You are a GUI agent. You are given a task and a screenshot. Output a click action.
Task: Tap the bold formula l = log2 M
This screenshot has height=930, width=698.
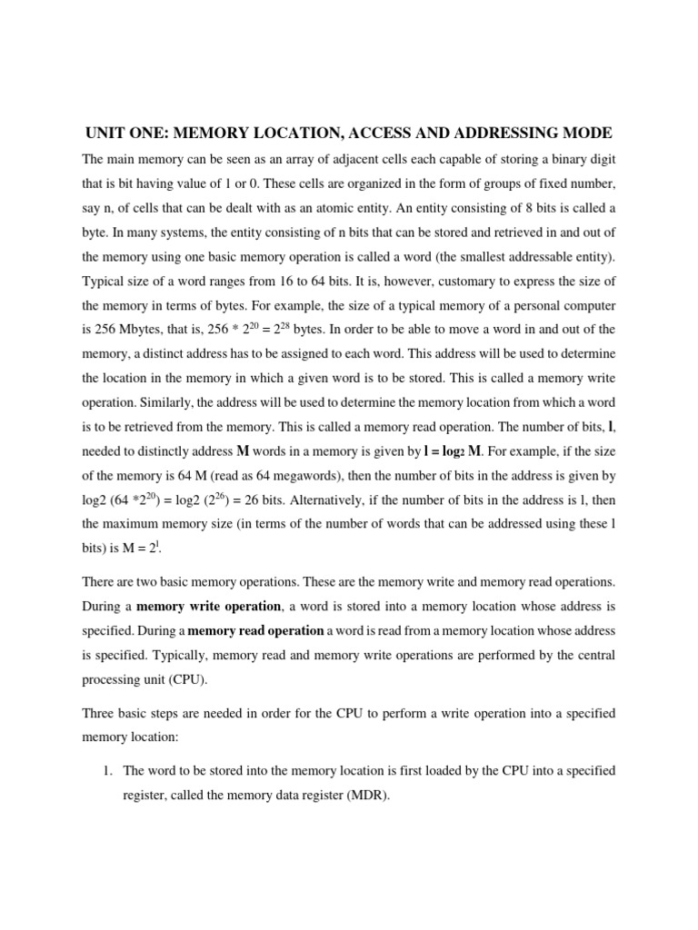[x=463, y=450]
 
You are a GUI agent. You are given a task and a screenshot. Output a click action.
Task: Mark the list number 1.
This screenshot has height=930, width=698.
[x=106, y=770]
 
